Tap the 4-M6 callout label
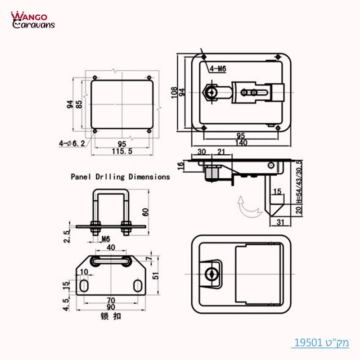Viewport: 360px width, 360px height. click(218, 69)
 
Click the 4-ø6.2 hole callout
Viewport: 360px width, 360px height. click(72, 144)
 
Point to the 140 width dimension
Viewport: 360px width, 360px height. click(241, 143)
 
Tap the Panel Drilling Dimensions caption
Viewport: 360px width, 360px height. click(120, 177)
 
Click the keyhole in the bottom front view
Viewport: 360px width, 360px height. click(210, 273)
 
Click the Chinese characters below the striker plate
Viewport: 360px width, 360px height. click(110, 317)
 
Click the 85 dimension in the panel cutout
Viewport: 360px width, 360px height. click(79, 104)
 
